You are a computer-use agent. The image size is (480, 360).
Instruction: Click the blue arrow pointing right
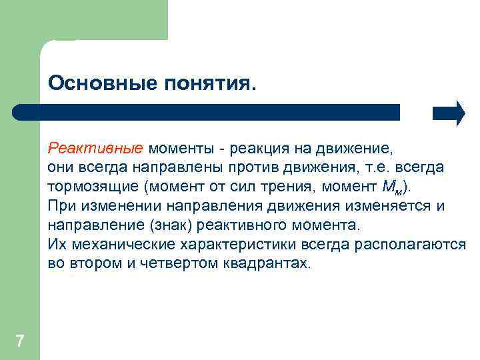click(449, 113)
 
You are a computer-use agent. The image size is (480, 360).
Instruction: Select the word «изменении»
click(110, 205)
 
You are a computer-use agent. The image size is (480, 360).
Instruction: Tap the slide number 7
click(19, 342)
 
